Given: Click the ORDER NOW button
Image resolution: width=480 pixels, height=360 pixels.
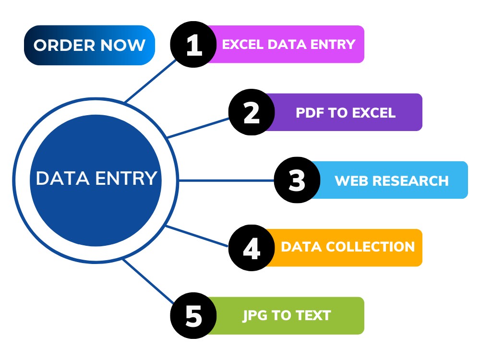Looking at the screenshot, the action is (x=89, y=45).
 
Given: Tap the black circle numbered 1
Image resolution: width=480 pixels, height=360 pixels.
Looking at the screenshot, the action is (x=193, y=44).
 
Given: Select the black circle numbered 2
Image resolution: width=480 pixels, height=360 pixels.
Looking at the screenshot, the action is (x=252, y=112).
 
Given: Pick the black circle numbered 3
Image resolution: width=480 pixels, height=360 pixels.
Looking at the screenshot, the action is (x=297, y=180).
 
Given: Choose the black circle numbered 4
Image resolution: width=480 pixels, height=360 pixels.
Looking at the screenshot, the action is (x=252, y=248).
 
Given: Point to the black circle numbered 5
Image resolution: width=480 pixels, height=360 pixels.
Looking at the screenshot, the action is (x=193, y=316).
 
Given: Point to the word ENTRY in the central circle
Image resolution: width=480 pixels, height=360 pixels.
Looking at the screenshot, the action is (x=126, y=178).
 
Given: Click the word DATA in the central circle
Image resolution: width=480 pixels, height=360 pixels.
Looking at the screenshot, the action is (x=63, y=178).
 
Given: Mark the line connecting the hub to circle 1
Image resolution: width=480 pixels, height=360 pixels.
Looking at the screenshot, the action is (x=151, y=81).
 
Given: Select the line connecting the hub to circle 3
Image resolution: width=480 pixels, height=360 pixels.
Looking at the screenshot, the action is (x=226, y=180).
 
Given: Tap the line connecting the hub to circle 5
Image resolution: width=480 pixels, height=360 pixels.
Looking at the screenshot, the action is (x=148, y=281).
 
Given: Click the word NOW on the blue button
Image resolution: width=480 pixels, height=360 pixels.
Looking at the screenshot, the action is (x=123, y=45).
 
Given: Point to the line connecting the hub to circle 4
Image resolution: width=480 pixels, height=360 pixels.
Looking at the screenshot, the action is (x=196, y=236).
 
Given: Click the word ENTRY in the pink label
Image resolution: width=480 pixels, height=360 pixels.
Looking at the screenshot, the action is (x=333, y=44).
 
